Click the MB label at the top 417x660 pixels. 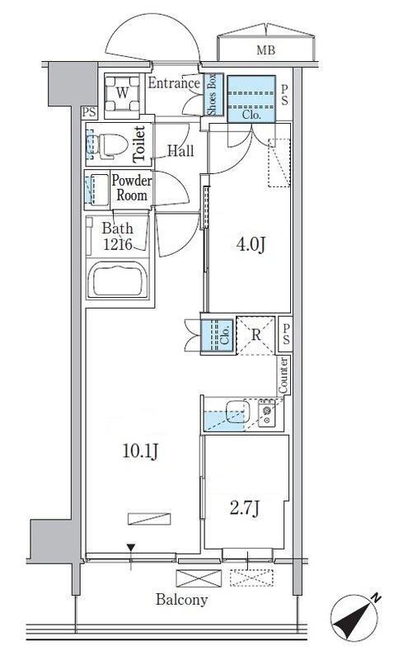[x=265, y=50]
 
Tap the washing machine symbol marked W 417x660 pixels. [x=122, y=93]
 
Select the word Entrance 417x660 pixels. [x=174, y=83]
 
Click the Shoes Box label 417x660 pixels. [x=212, y=95]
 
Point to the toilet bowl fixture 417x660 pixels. [x=107, y=145]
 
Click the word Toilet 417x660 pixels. [x=139, y=144]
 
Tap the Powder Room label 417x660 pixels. [x=132, y=188]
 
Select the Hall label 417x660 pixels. [x=180, y=151]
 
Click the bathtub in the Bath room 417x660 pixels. [x=118, y=280]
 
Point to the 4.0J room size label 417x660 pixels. [x=251, y=244]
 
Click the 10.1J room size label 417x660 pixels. [x=140, y=451]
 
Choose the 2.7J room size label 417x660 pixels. [x=245, y=508]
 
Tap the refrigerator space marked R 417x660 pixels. [x=256, y=336]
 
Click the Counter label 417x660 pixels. [x=283, y=375]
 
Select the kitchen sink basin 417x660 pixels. [x=237, y=412]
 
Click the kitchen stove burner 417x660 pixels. [x=266, y=413]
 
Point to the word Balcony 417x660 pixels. [x=181, y=600]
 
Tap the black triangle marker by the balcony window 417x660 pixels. [x=131, y=547]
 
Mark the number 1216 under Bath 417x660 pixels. [x=118, y=244]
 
